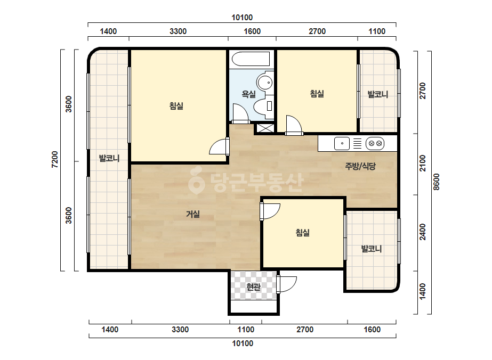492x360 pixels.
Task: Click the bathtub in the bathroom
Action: point(251,59)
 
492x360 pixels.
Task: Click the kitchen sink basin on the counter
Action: point(342,144)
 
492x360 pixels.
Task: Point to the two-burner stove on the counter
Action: point(375,144)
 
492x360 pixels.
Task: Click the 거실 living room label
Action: point(193,214)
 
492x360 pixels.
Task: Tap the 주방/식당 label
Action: point(360,166)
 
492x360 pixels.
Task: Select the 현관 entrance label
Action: point(253,287)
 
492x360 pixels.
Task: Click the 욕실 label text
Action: point(248,94)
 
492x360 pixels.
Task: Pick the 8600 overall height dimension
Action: point(437,182)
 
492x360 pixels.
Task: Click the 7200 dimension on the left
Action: point(55,160)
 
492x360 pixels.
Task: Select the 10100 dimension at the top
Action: point(242,18)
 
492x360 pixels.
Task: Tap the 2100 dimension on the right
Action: point(423,163)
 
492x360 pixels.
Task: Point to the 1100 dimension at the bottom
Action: point(246,330)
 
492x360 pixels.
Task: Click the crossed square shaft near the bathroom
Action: point(263,128)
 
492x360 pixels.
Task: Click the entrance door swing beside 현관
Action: point(287,284)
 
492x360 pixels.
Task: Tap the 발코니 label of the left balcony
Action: point(109,158)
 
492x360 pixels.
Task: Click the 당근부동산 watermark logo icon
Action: point(196,181)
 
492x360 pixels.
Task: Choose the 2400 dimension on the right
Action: point(423,232)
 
